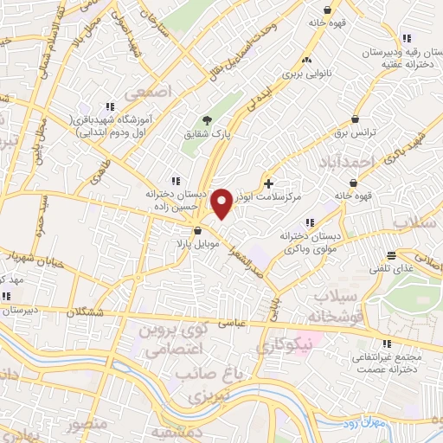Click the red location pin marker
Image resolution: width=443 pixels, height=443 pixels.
point(222,202)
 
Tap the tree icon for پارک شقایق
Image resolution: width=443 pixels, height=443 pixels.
point(206,120)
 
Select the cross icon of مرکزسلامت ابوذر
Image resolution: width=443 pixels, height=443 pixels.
point(269,183)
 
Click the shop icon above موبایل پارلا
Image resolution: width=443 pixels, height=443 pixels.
point(198,231)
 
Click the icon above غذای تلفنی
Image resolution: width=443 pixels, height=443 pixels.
point(392,255)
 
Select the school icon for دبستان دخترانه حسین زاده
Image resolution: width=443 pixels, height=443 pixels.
point(176,181)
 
